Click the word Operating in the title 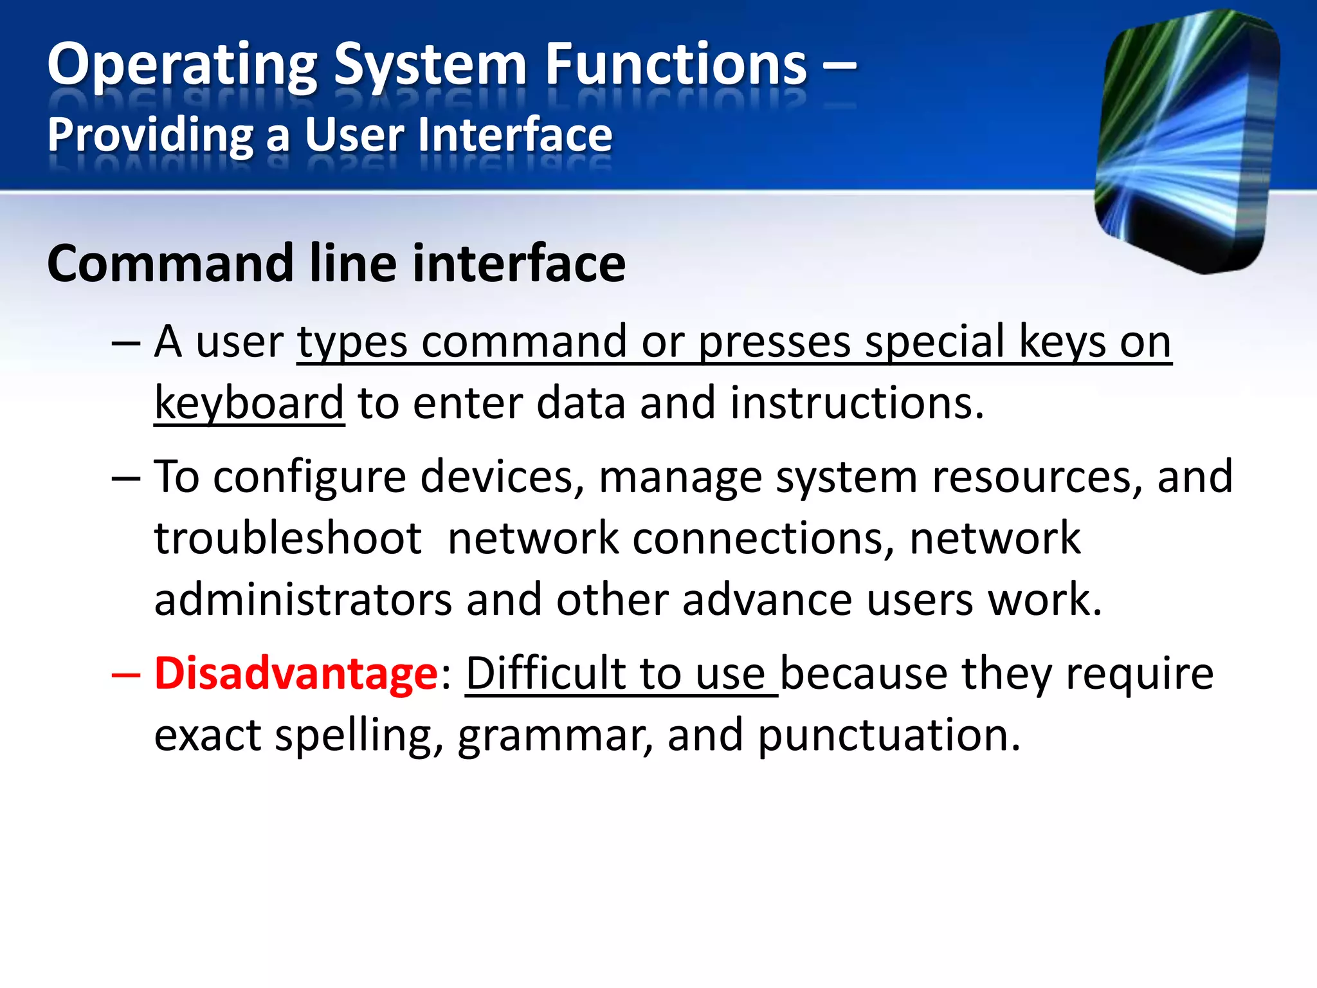pos(182,66)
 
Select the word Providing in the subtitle pos(150,136)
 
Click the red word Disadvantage pos(296,673)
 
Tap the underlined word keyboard pos(249,404)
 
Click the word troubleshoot pos(287,538)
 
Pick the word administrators pos(303,599)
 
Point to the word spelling pos(358,735)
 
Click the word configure pos(309,477)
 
